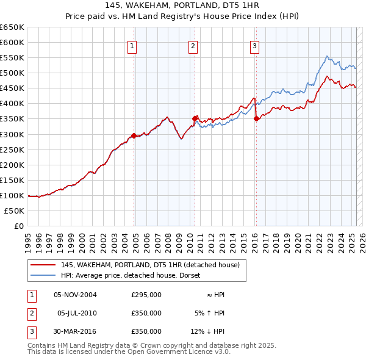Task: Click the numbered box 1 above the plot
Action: pyautogui.click(x=132, y=45)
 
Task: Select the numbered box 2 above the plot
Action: pyautogui.click(x=193, y=45)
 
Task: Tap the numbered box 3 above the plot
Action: pyautogui.click(x=254, y=45)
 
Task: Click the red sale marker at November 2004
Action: pyautogui.click(x=134, y=135)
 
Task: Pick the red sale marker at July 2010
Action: pyautogui.click(x=195, y=118)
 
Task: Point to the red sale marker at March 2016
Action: pyautogui.click(x=256, y=118)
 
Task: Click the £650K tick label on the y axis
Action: pyautogui.click(x=12, y=27)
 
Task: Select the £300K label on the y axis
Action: pyautogui.click(x=12, y=134)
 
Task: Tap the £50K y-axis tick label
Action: pyautogui.click(x=15, y=211)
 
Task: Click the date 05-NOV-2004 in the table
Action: pyautogui.click(x=75, y=295)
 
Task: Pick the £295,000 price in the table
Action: pyautogui.click(x=146, y=295)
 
